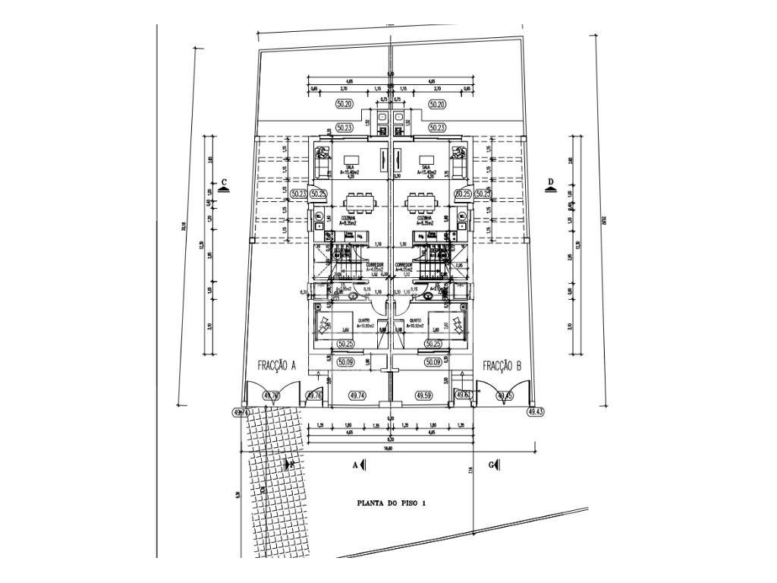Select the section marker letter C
(x=225, y=183)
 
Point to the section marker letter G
(x=492, y=464)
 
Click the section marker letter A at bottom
(x=354, y=464)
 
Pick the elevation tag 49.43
(x=536, y=411)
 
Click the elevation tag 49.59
(x=424, y=395)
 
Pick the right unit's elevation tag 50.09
(x=434, y=363)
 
